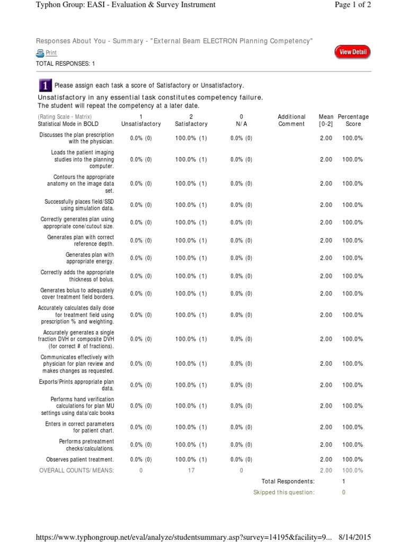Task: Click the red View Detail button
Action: (x=352, y=52)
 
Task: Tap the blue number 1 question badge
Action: (x=46, y=85)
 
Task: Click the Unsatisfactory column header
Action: (x=140, y=121)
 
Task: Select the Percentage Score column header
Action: (x=353, y=120)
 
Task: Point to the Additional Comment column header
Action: (x=291, y=120)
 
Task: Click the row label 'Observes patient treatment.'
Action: (x=80, y=459)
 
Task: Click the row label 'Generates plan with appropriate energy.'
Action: (x=90, y=258)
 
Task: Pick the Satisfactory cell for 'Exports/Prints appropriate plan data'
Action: (x=191, y=385)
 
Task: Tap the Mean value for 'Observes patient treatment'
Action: (x=326, y=459)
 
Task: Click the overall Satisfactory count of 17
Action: (x=191, y=470)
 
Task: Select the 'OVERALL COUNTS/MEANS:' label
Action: (x=76, y=470)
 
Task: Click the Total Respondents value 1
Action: (x=343, y=481)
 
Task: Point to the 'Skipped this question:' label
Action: (x=284, y=492)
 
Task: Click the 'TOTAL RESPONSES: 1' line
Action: (x=65, y=64)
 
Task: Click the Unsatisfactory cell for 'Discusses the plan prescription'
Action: (x=140, y=138)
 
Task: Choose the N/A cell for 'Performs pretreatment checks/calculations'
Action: (x=241, y=445)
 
